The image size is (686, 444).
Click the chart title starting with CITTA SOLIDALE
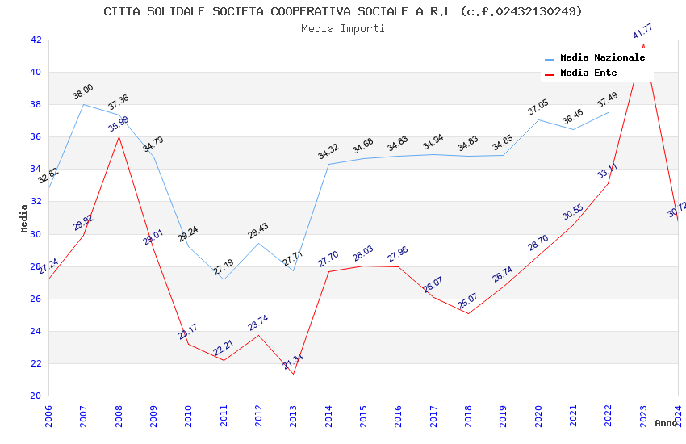click(x=343, y=11)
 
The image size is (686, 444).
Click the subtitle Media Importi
click(x=343, y=28)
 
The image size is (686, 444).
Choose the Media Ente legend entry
click(x=588, y=73)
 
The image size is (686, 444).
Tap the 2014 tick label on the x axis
click(x=328, y=414)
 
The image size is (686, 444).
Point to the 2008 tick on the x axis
click(x=119, y=414)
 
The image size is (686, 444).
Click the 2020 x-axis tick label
click(x=538, y=414)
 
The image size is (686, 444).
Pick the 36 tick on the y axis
click(x=36, y=136)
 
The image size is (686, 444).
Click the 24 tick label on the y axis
click(x=36, y=331)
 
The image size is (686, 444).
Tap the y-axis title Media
click(x=24, y=218)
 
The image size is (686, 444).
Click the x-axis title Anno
click(x=666, y=423)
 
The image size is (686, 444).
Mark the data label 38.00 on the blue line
click(x=83, y=92)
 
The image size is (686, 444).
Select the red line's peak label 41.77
click(x=643, y=31)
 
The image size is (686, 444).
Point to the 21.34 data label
click(x=293, y=362)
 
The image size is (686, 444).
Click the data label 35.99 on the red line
click(x=119, y=124)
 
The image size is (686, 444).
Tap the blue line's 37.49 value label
click(x=608, y=100)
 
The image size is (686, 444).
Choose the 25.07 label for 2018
click(x=468, y=301)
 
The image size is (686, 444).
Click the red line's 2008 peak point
click(x=119, y=136)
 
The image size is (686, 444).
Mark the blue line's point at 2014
click(x=328, y=164)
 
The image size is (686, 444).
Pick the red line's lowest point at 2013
click(x=293, y=374)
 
